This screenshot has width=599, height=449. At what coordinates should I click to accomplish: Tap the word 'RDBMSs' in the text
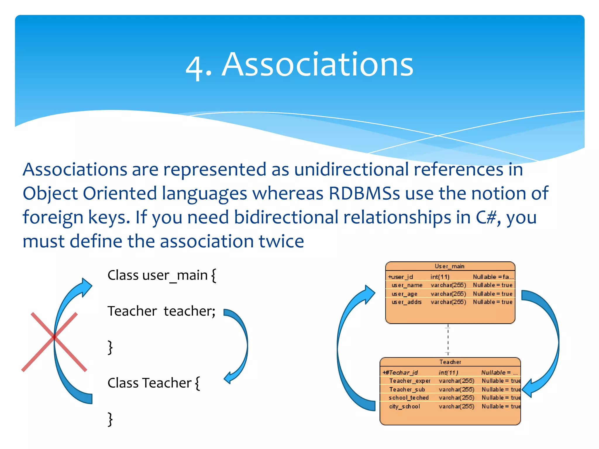[364, 194]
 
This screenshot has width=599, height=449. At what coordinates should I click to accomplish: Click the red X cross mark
[54, 341]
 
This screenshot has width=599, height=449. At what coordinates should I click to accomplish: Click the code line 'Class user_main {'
[162, 275]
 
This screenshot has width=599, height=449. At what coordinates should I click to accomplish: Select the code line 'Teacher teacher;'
[161, 311]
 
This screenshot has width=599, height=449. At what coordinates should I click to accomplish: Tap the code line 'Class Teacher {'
[154, 383]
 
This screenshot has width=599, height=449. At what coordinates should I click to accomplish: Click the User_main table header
[450, 266]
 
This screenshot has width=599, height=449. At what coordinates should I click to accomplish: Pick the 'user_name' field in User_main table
[407, 285]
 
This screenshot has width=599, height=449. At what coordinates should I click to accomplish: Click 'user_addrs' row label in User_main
[407, 302]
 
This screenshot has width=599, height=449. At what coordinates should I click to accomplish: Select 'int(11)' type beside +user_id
[440, 277]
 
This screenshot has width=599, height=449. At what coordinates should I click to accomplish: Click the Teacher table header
[450, 362]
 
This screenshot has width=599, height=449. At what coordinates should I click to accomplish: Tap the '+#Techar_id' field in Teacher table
[400, 373]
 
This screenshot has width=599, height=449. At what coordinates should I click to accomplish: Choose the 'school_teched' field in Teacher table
[409, 398]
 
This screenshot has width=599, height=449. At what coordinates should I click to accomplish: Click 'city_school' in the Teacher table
[405, 407]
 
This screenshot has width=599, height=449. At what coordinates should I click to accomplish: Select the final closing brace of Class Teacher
[110, 419]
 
